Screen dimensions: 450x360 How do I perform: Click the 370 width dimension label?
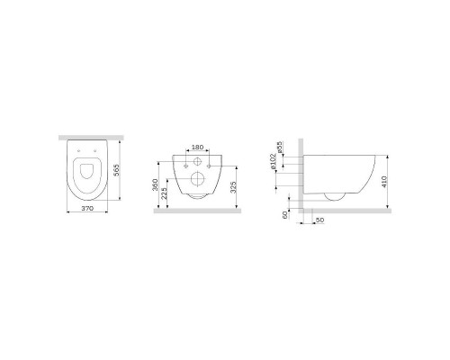click(x=87, y=208)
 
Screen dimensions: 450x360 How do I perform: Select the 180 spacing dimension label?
click(x=197, y=148)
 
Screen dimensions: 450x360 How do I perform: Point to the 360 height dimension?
click(x=155, y=184)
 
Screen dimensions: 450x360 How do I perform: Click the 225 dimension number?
click(x=164, y=193)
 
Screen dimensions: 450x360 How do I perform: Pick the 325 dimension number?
click(x=234, y=186)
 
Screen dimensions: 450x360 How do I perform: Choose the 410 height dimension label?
click(x=385, y=182)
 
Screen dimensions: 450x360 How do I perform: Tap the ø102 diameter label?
click(x=273, y=162)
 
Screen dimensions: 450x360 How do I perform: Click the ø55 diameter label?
click(x=280, y=148)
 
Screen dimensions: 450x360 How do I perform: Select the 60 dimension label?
click(x=285, y=214)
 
